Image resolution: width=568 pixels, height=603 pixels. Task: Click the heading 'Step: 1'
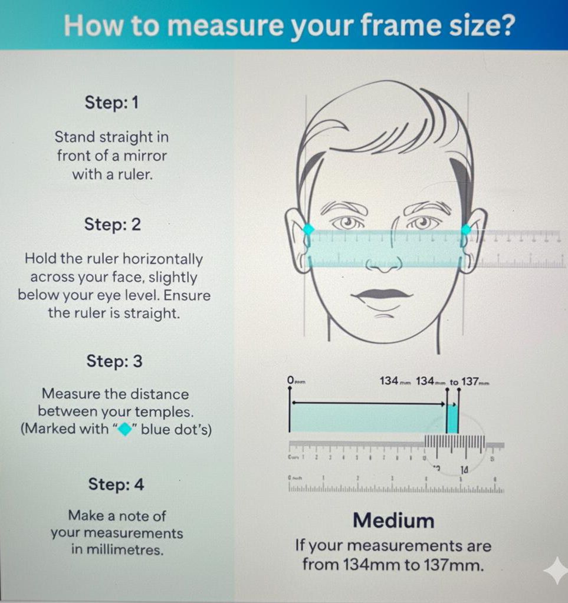[x=111, y=103]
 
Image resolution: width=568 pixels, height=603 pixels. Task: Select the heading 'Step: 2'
[x=112, y=225]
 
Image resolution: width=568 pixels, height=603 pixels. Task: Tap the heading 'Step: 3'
[x=114, y=361]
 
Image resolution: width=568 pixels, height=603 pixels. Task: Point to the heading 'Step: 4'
[x=116, y=485]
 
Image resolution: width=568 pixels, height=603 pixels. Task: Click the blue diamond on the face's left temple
[x=308, y=230]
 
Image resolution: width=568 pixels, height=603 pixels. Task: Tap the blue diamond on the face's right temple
[x=466, y=229]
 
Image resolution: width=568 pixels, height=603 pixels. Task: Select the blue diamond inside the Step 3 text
[x=124, y=429]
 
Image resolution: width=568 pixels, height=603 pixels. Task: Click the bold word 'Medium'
[x=393, y=520]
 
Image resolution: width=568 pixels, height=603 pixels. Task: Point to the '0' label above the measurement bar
[x=291, y=381]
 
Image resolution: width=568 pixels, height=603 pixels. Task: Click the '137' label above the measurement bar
[x=470, y=381]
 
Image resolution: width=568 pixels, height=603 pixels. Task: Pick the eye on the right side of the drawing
[x=421, y=223]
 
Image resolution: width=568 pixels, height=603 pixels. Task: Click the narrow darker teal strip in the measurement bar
[x=452, y=419]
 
